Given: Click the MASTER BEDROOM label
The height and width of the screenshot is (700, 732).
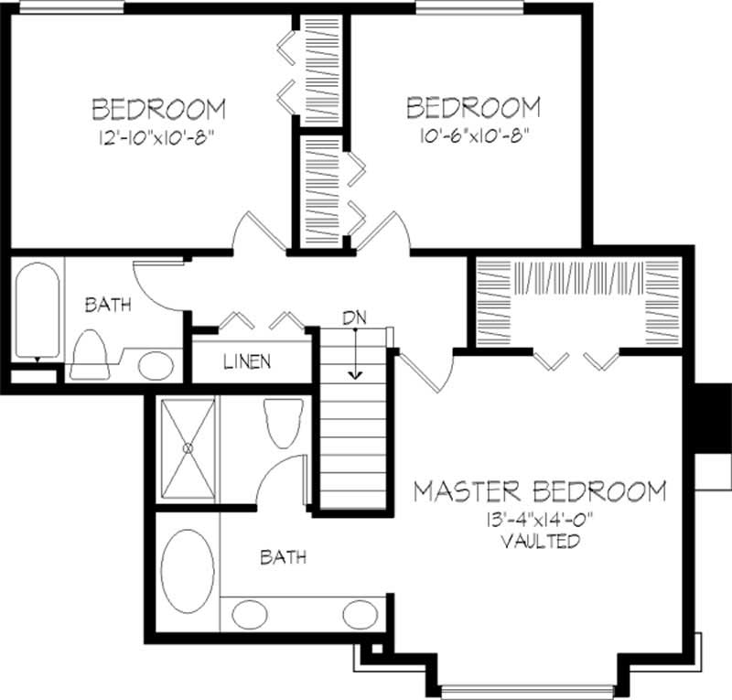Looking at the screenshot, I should [539, 491].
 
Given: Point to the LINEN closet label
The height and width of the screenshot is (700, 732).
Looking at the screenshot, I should [247, 361].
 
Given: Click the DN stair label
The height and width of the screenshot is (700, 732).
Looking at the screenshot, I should [354, 318].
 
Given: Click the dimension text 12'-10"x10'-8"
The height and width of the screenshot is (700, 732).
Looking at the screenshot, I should [158, 135].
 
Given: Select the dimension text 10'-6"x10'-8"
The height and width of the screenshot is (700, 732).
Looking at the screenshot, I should [472, 134].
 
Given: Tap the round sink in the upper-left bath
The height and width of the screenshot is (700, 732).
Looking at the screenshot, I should [156, 366].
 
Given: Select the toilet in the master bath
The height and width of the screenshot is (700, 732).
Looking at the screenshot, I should [280, 422].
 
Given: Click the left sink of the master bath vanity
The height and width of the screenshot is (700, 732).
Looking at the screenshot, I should [248, 613].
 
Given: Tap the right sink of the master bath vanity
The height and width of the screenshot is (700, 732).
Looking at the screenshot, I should [359, 613].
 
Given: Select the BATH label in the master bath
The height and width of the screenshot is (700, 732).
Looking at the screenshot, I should [283, 556].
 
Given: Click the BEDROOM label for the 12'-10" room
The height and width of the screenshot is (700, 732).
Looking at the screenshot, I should [158, 109].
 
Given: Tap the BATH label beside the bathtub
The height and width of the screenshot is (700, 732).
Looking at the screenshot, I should [108, 305].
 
